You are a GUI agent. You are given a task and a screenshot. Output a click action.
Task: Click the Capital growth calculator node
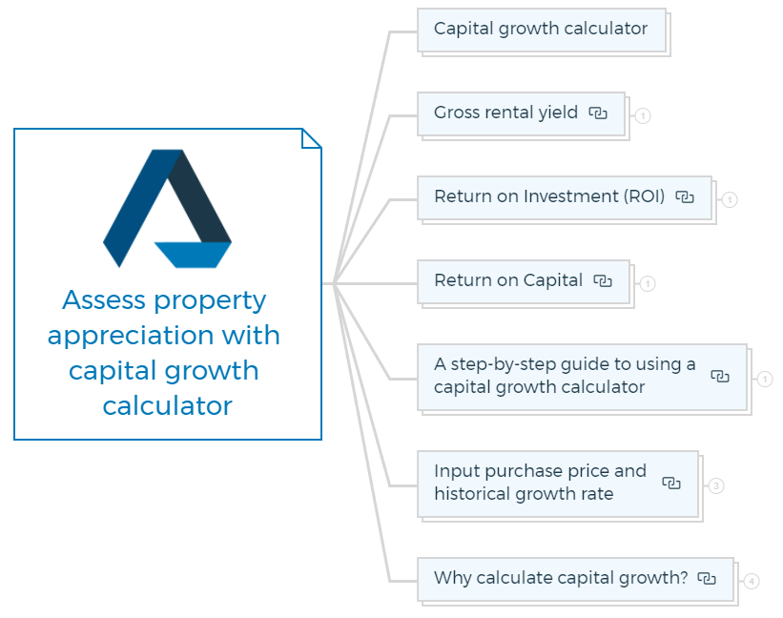pos(542,30)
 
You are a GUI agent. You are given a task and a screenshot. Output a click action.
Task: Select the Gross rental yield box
pos(522,113)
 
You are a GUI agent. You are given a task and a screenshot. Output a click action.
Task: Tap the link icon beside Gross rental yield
pos(598,113)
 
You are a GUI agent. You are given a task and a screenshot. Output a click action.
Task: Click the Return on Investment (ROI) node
pos(565,197)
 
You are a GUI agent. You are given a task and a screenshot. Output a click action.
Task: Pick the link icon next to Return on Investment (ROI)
pos(685,197)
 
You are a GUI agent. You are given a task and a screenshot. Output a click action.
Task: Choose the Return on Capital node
pos(524,281)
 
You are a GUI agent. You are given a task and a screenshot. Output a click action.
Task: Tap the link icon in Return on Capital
pos(603,281)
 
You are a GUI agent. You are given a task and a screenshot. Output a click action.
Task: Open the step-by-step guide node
pos(583,378)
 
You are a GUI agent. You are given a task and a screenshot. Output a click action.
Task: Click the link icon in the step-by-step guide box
pos(720,377)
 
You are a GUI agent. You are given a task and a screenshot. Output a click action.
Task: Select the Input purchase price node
pos(558,484)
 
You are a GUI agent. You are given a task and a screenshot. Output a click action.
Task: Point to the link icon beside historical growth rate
pos(671,484)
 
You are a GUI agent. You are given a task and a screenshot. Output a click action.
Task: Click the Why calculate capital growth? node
pos(576,580)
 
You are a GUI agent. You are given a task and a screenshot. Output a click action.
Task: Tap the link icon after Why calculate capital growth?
pos(707,579)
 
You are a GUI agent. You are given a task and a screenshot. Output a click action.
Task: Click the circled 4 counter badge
pos(752,582)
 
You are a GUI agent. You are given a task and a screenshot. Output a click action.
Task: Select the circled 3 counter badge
pos(716,485)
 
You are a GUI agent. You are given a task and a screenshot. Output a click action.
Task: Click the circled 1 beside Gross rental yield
pos(643,115)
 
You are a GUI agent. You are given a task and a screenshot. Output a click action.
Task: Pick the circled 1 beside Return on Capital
pos(648,283)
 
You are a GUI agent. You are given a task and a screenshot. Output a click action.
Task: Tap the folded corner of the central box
pos(311,139)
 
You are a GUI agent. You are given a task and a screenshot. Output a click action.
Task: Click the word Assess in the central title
pos(104,300)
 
